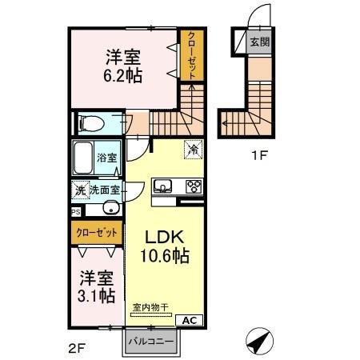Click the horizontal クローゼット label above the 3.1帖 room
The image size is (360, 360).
[x=95, y=232]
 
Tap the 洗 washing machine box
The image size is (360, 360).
[x=79, y=190]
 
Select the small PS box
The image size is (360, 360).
[x=76, y=212]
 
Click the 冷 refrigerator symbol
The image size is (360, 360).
[x=192, y=148]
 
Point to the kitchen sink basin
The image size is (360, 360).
[x=163, y=187]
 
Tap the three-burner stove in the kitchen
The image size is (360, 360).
[x=193, y=187]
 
